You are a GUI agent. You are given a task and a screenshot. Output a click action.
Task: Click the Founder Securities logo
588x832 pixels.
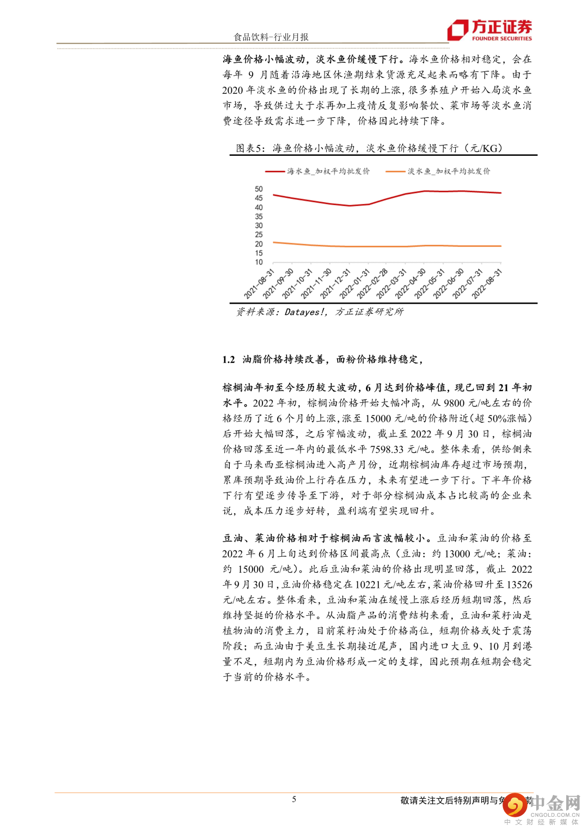(x=489, y=30)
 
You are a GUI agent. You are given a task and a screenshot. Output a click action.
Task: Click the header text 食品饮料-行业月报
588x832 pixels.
(x=271, y=37)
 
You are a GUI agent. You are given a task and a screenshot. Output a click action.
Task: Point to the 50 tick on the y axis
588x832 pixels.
(x=259, y=189)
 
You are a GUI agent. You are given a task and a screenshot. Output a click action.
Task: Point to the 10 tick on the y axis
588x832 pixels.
(x=259, y=262)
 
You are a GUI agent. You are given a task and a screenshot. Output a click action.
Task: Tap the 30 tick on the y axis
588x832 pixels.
(x=259, y=226)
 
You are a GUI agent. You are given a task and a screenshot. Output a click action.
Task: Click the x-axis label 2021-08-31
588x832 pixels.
(x=260, y=284)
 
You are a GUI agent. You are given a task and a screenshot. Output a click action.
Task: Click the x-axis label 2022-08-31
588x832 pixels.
(x=487, y=284)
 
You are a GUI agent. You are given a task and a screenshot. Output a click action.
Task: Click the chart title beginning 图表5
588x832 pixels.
(x=369, y=148)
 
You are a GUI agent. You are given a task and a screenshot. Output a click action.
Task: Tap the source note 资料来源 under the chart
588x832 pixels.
(x=320, y=312)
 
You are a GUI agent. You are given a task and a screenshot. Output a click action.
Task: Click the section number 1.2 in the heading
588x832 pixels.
(x=229, y=360)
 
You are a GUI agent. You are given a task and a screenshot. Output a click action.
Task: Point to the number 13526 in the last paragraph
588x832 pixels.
(x=519, y=585)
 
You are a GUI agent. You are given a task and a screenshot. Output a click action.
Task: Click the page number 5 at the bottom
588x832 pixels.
(x=294, y=799)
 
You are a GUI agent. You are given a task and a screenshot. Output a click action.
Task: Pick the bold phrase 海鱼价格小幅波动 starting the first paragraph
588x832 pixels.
(x=264, y=59)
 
